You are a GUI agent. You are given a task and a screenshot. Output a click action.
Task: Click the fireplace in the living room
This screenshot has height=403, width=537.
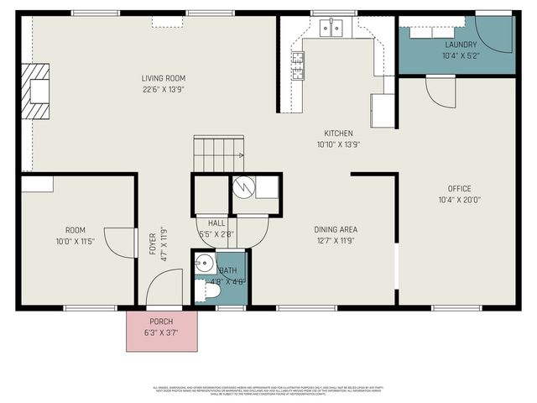click(37, 92)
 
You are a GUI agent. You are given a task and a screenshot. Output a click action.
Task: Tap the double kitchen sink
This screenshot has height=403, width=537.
click(333, 29)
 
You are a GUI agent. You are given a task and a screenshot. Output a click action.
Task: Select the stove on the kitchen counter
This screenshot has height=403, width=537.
click(298, 65)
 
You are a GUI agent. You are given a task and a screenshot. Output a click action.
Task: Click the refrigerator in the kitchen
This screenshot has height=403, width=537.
click(383, 110)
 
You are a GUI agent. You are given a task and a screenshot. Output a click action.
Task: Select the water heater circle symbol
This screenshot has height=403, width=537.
click(242, 187)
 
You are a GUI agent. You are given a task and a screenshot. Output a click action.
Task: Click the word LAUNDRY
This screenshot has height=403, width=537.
click(460, 44)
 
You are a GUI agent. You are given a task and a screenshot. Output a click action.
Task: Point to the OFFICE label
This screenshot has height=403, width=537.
click(459, 189)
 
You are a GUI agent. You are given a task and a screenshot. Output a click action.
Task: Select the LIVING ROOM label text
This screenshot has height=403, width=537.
click(164, 79)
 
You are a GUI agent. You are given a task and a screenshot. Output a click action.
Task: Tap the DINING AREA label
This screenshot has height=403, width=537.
click(336, 229)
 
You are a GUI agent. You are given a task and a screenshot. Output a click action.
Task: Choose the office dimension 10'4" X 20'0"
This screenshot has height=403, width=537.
click(459, 201)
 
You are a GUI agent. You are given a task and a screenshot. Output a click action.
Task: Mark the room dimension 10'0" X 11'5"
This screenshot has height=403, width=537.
click(76, 242)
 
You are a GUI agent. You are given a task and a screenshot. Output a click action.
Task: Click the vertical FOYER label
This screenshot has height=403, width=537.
click(154, 252)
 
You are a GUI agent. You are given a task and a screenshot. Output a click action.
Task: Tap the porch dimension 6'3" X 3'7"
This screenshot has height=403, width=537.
click(162, 333)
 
